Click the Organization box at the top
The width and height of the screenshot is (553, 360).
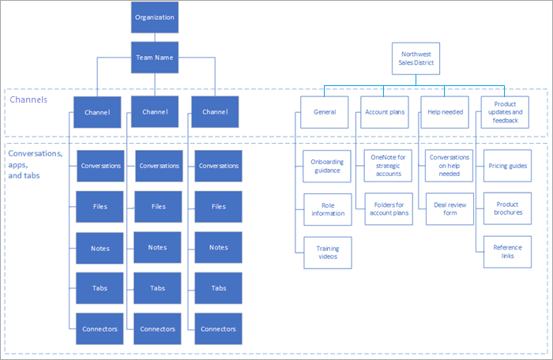tap(154, 17)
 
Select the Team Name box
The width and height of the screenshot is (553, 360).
tap(154, 58)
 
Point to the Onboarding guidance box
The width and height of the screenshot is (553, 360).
tap(327, 166)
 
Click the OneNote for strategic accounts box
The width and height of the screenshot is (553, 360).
tap(388, 166)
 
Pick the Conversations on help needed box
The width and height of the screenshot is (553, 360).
tap(448, 166)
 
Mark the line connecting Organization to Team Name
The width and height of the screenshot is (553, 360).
tap(154, 37)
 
